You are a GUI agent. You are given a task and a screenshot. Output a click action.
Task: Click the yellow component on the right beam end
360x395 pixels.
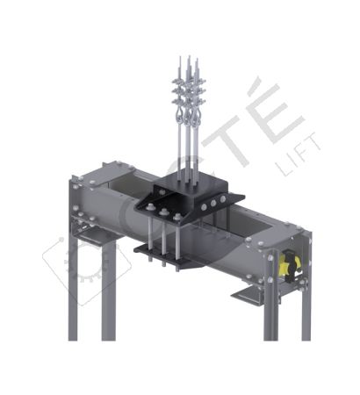(287, 264)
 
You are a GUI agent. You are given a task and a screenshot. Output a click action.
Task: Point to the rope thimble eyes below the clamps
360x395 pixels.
(188, 123)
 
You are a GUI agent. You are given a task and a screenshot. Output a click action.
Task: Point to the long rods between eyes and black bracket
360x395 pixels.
(188, 158)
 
